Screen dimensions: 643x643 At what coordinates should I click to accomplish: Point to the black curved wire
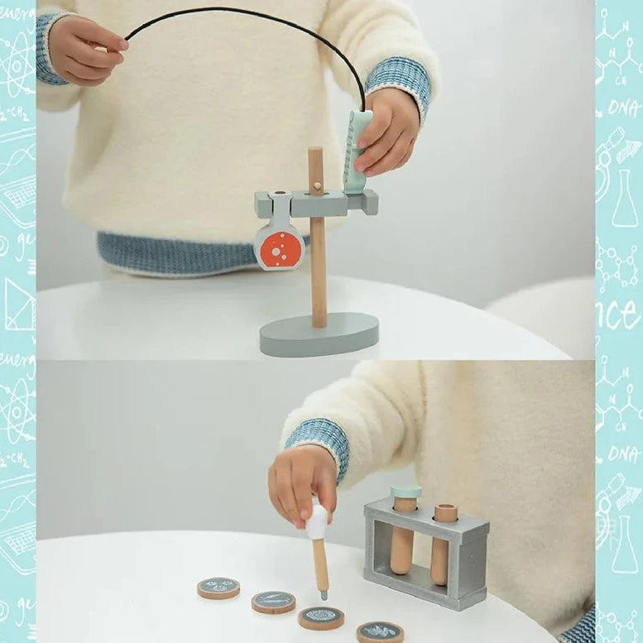click(x=248, y=17)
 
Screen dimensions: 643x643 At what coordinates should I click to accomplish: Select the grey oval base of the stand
click(x=319, y=334)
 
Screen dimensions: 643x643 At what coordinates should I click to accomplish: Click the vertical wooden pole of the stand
click(x=318, y=273)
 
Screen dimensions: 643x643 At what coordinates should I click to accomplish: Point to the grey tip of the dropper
click(x=323, y=593)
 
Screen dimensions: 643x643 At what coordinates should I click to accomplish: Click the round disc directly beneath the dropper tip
click(x=321, y=617)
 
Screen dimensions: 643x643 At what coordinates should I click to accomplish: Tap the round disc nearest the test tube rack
click(x=380, y=632)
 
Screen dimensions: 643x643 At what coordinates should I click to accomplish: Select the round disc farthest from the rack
click(x=218, y=588)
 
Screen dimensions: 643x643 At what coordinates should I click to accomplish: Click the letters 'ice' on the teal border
click(x=617, y=314)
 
